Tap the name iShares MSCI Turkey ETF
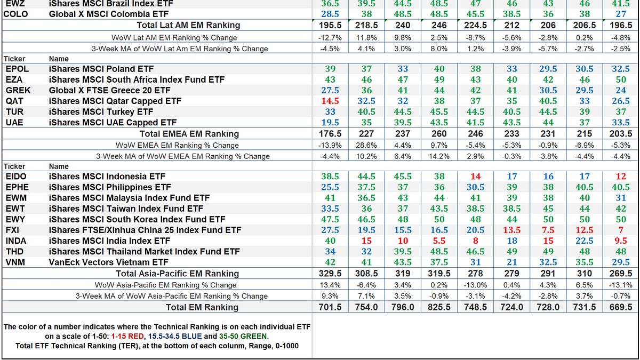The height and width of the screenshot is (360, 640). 101,111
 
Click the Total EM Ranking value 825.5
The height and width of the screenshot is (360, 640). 439,307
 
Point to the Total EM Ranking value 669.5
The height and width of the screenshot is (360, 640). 621,307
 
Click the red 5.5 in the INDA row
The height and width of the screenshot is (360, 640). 439,241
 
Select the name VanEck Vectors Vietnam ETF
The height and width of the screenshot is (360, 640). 108,262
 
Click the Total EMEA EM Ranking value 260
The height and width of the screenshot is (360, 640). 439,134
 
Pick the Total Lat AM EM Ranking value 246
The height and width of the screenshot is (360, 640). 439,25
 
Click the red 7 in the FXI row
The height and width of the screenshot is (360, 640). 621,230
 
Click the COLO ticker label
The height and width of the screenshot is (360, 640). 16,14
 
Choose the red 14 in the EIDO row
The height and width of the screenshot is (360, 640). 475,176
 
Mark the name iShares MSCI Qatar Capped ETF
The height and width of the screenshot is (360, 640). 115,101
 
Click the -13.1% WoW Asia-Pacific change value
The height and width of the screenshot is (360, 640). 621,285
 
